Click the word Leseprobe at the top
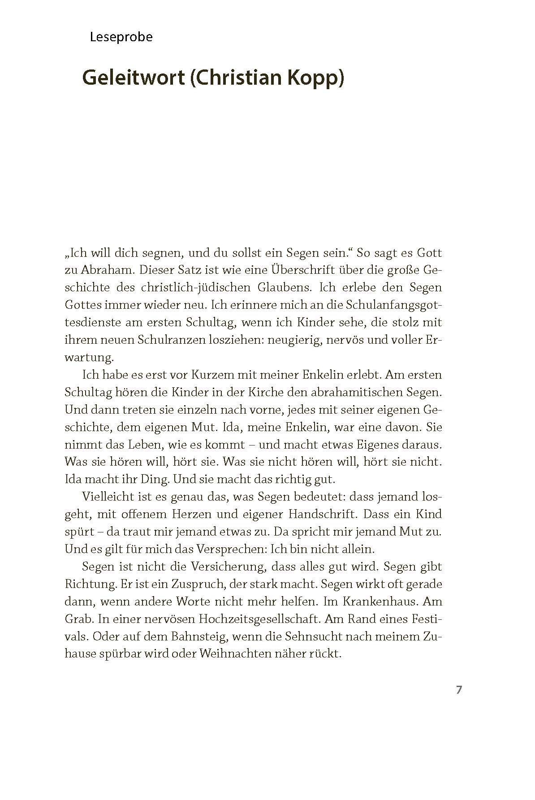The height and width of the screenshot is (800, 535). click(x=121, y=37)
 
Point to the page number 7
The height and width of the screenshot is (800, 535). click(x=458, y=690)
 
